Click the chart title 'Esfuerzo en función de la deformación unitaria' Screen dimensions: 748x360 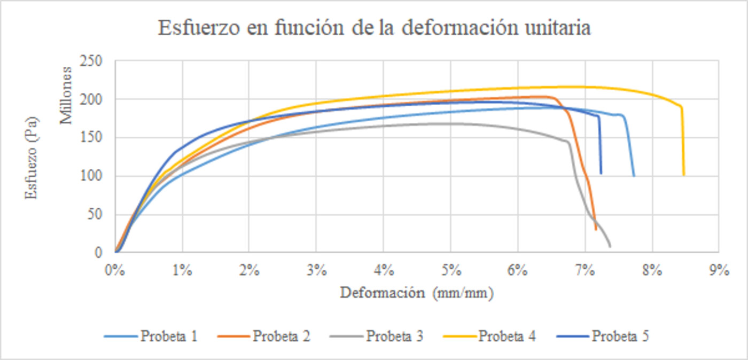375,27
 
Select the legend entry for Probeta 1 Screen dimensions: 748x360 151,336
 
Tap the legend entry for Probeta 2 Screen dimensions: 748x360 264,336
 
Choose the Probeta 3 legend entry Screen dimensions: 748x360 377,336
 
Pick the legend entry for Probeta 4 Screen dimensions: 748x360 489,336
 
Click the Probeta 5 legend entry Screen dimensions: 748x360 603,336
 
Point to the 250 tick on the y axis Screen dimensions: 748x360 90,61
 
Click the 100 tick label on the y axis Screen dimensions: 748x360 90,176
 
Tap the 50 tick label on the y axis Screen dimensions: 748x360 95,214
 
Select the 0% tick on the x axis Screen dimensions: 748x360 115,270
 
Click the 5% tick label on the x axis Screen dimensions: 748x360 451,270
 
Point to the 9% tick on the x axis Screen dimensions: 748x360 719,270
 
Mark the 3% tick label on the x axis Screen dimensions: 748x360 316,270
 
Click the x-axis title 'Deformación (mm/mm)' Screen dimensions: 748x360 417,293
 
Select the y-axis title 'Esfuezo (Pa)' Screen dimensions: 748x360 31,158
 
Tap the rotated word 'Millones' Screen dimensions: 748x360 66,96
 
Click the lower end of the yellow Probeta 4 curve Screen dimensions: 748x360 684,175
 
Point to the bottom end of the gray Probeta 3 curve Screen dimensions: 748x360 610,246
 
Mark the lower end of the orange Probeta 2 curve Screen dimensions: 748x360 596,230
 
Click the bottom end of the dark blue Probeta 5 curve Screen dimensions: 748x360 601,173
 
